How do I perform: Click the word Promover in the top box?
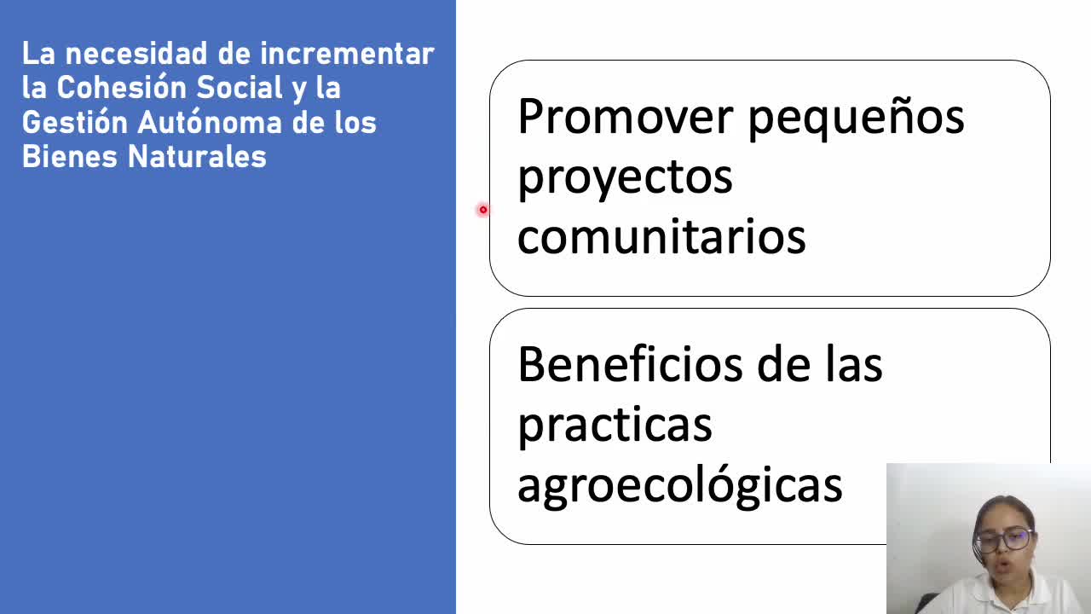[x=626, y=117]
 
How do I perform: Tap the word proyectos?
[x=625, y=180]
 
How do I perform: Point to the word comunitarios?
[x=661, y=236]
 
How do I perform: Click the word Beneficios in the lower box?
[x=630, y=364]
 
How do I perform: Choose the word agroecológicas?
[x=680, y=486]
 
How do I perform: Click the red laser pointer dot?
[x=482, y=210]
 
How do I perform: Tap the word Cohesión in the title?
[x=119, y=88]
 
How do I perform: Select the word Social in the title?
[x=240, y=88]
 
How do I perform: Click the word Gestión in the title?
[x=74, y=122]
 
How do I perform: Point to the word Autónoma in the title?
[x=210, y=122]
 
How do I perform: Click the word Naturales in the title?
[x=197, y=157]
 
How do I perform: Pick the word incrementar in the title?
[x=347, y=54]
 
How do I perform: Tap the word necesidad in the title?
[x=136, y=54]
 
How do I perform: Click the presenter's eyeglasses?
[x=1004, y=541]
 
